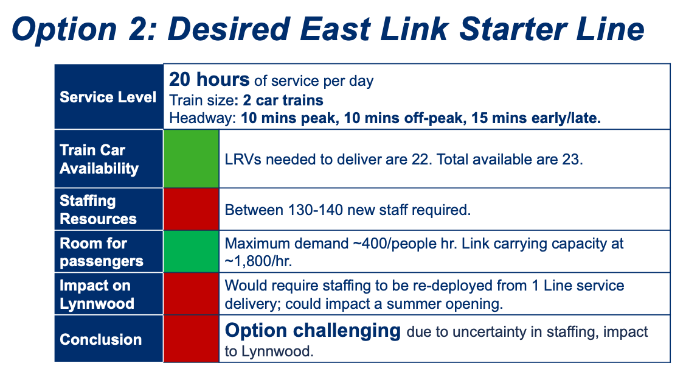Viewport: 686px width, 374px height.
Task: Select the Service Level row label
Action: coord(108,97)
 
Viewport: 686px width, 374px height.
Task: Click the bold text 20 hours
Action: coord(209,80)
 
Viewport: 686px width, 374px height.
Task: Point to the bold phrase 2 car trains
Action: coord(283,100)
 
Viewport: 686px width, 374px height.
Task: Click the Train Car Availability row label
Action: coord(99,159)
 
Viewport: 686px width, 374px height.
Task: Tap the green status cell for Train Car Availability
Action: coord(191,159)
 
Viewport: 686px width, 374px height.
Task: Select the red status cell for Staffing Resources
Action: coord(191,210)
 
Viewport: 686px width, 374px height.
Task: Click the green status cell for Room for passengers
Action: coord(191,252)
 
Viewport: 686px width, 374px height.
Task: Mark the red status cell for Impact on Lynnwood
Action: coord(191,294)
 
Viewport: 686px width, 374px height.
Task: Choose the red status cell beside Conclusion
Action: coord(191,339)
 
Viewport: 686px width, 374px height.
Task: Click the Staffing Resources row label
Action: coord(98,210)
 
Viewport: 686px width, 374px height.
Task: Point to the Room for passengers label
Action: coord(102,252)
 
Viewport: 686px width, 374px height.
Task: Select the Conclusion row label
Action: coord(100,339)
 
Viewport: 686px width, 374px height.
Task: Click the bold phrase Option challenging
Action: coord(313,331)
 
